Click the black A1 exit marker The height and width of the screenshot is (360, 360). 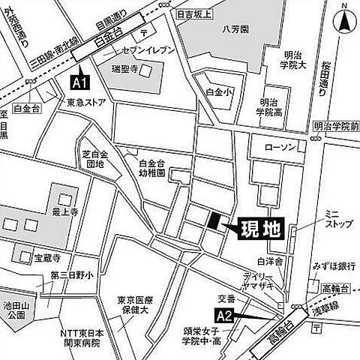[79, 79]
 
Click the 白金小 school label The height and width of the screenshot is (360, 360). [215, 91]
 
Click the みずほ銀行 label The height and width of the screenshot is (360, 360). [324, 267]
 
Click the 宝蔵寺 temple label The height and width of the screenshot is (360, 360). [49, 258]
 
